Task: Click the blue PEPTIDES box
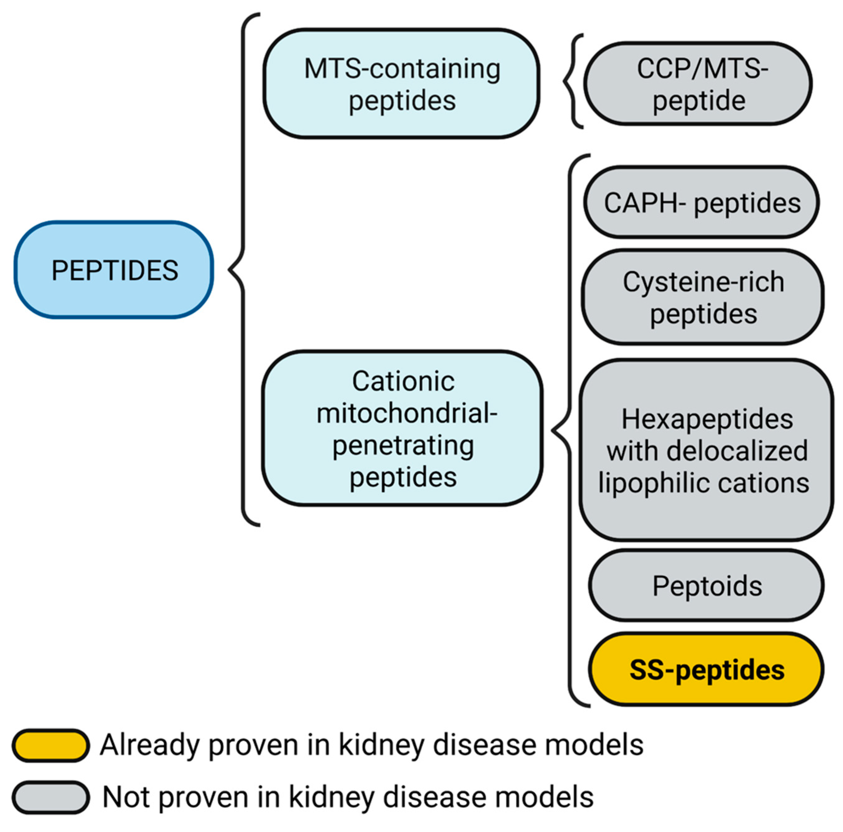114,270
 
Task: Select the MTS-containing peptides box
401,84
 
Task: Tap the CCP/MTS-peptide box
698,84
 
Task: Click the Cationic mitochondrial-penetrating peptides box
402,429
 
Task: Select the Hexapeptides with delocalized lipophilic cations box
706,450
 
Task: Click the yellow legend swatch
51,745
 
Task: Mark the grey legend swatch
51,797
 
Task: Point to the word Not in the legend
127,797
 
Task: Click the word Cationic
403,381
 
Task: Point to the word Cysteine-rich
703,282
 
